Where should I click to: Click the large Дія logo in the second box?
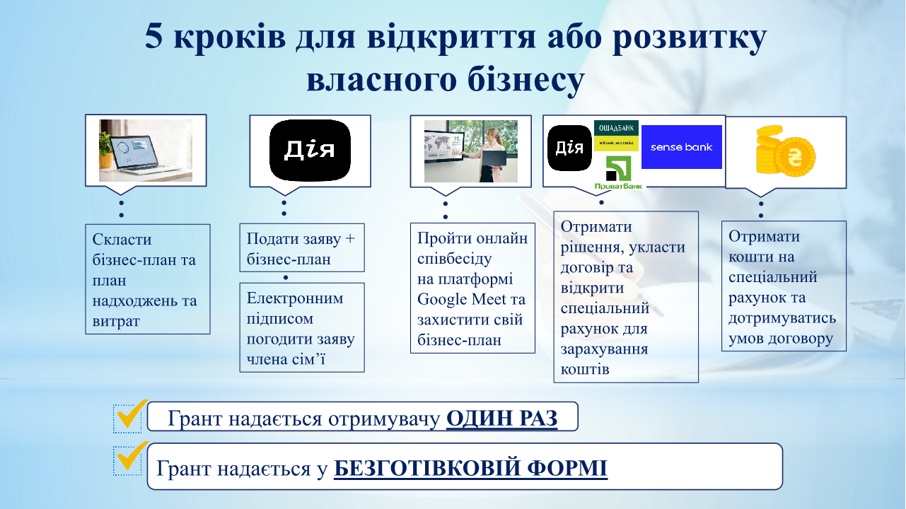click(310, 150)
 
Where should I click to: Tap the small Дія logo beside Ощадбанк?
click(569, 148)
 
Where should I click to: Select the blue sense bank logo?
click(682, 147)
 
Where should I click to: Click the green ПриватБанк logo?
click(618, 173)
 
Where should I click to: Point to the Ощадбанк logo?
click(616, 136)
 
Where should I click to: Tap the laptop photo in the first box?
click(146, 151)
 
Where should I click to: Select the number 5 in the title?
click(153, 37)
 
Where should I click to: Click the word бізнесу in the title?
click(526, 79)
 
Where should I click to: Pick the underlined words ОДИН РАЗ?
click(502, 418)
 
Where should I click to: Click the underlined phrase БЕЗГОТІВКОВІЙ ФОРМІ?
click(471, 468)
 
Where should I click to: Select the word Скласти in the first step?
click(122, 240)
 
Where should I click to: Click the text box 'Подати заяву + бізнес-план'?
click(302, 248)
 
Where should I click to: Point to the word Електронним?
click(295, 298)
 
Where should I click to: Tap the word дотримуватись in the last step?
click(782, 318)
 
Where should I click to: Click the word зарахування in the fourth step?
click(604, 349)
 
